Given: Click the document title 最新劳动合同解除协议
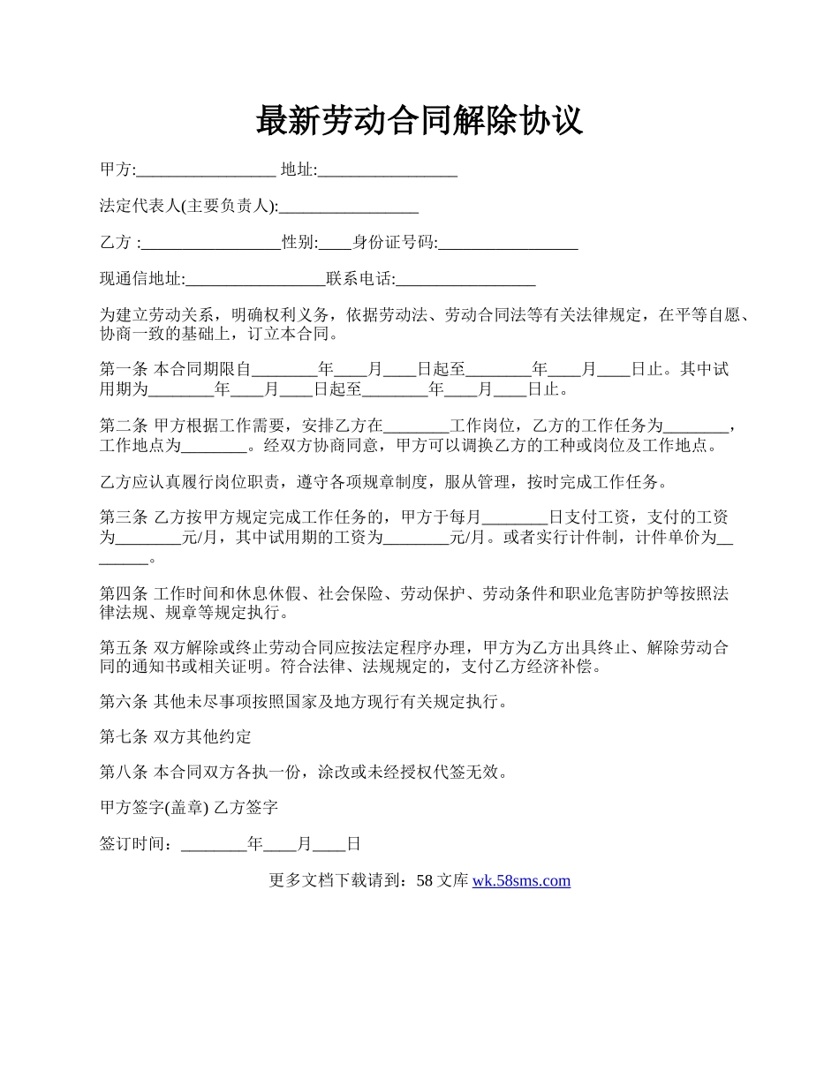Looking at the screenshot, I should click(x=419, y=121).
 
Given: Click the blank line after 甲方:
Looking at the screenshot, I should click(x=207, y=170).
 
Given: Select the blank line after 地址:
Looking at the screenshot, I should click(x=387, y=170).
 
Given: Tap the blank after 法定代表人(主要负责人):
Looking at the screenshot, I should click(x=348, y=207).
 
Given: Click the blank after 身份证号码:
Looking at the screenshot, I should click(x=508, y=244).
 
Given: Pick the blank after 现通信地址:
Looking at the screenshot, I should click(x=255, y=281).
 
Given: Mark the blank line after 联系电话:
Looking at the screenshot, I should click(x=465, y=281).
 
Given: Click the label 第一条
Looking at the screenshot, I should click(x=124, y=370).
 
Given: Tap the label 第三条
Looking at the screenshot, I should click(x=124, y=517).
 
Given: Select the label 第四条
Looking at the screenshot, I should click(x=124, y=593).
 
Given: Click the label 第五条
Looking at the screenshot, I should click(x=124, y=648).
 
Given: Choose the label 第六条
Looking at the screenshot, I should click(x=124, y=703).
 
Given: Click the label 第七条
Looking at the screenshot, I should click(x=124, y=737).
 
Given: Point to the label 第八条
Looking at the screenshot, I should click(x=124, y=773).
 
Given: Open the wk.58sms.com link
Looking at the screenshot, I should click(x=521, y=881).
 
